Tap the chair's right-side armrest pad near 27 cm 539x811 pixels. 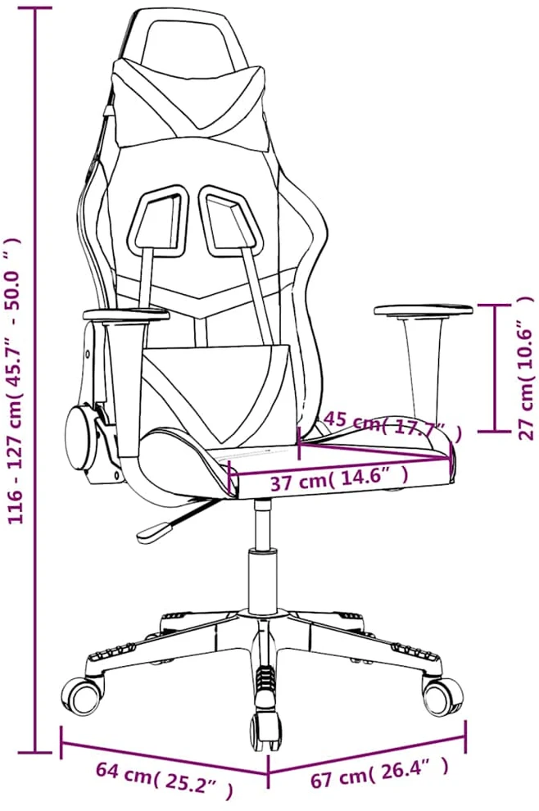pos(423,311)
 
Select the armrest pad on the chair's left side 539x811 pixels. pos(125,314)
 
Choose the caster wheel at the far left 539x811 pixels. pos(83,696)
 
